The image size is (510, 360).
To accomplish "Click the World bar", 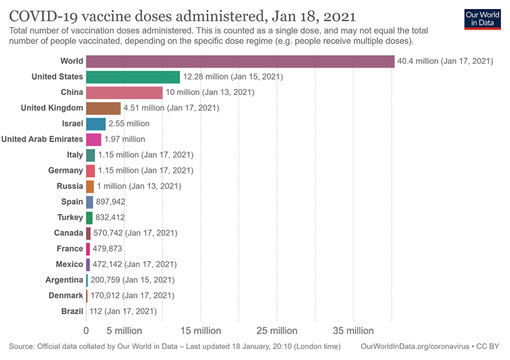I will click(x=240, y=61).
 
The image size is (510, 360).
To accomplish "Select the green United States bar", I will click(x=133, y=77).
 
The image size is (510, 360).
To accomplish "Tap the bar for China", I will click(x=124, y=92).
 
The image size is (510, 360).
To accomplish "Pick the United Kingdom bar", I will click(x=103, y=108).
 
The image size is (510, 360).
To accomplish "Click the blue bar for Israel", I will click(x=96, y=123).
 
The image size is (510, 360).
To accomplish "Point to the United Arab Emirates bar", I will click(x=94, y=139).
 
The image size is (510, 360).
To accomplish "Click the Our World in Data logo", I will click(x=482, y=18).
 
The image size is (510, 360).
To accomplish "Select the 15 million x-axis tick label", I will click(x=200, y=331).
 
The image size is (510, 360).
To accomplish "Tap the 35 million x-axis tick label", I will click(x=353, y=331).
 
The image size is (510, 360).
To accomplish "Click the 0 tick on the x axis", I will click(x=86, y=331).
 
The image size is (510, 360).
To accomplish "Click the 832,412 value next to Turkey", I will click(x=110, y=218).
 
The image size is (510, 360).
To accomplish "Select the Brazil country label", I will click(x=72, y=311).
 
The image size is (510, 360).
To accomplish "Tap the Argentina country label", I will click(x=64, y=280).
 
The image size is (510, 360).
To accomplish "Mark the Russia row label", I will click(x=70, y=186).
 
